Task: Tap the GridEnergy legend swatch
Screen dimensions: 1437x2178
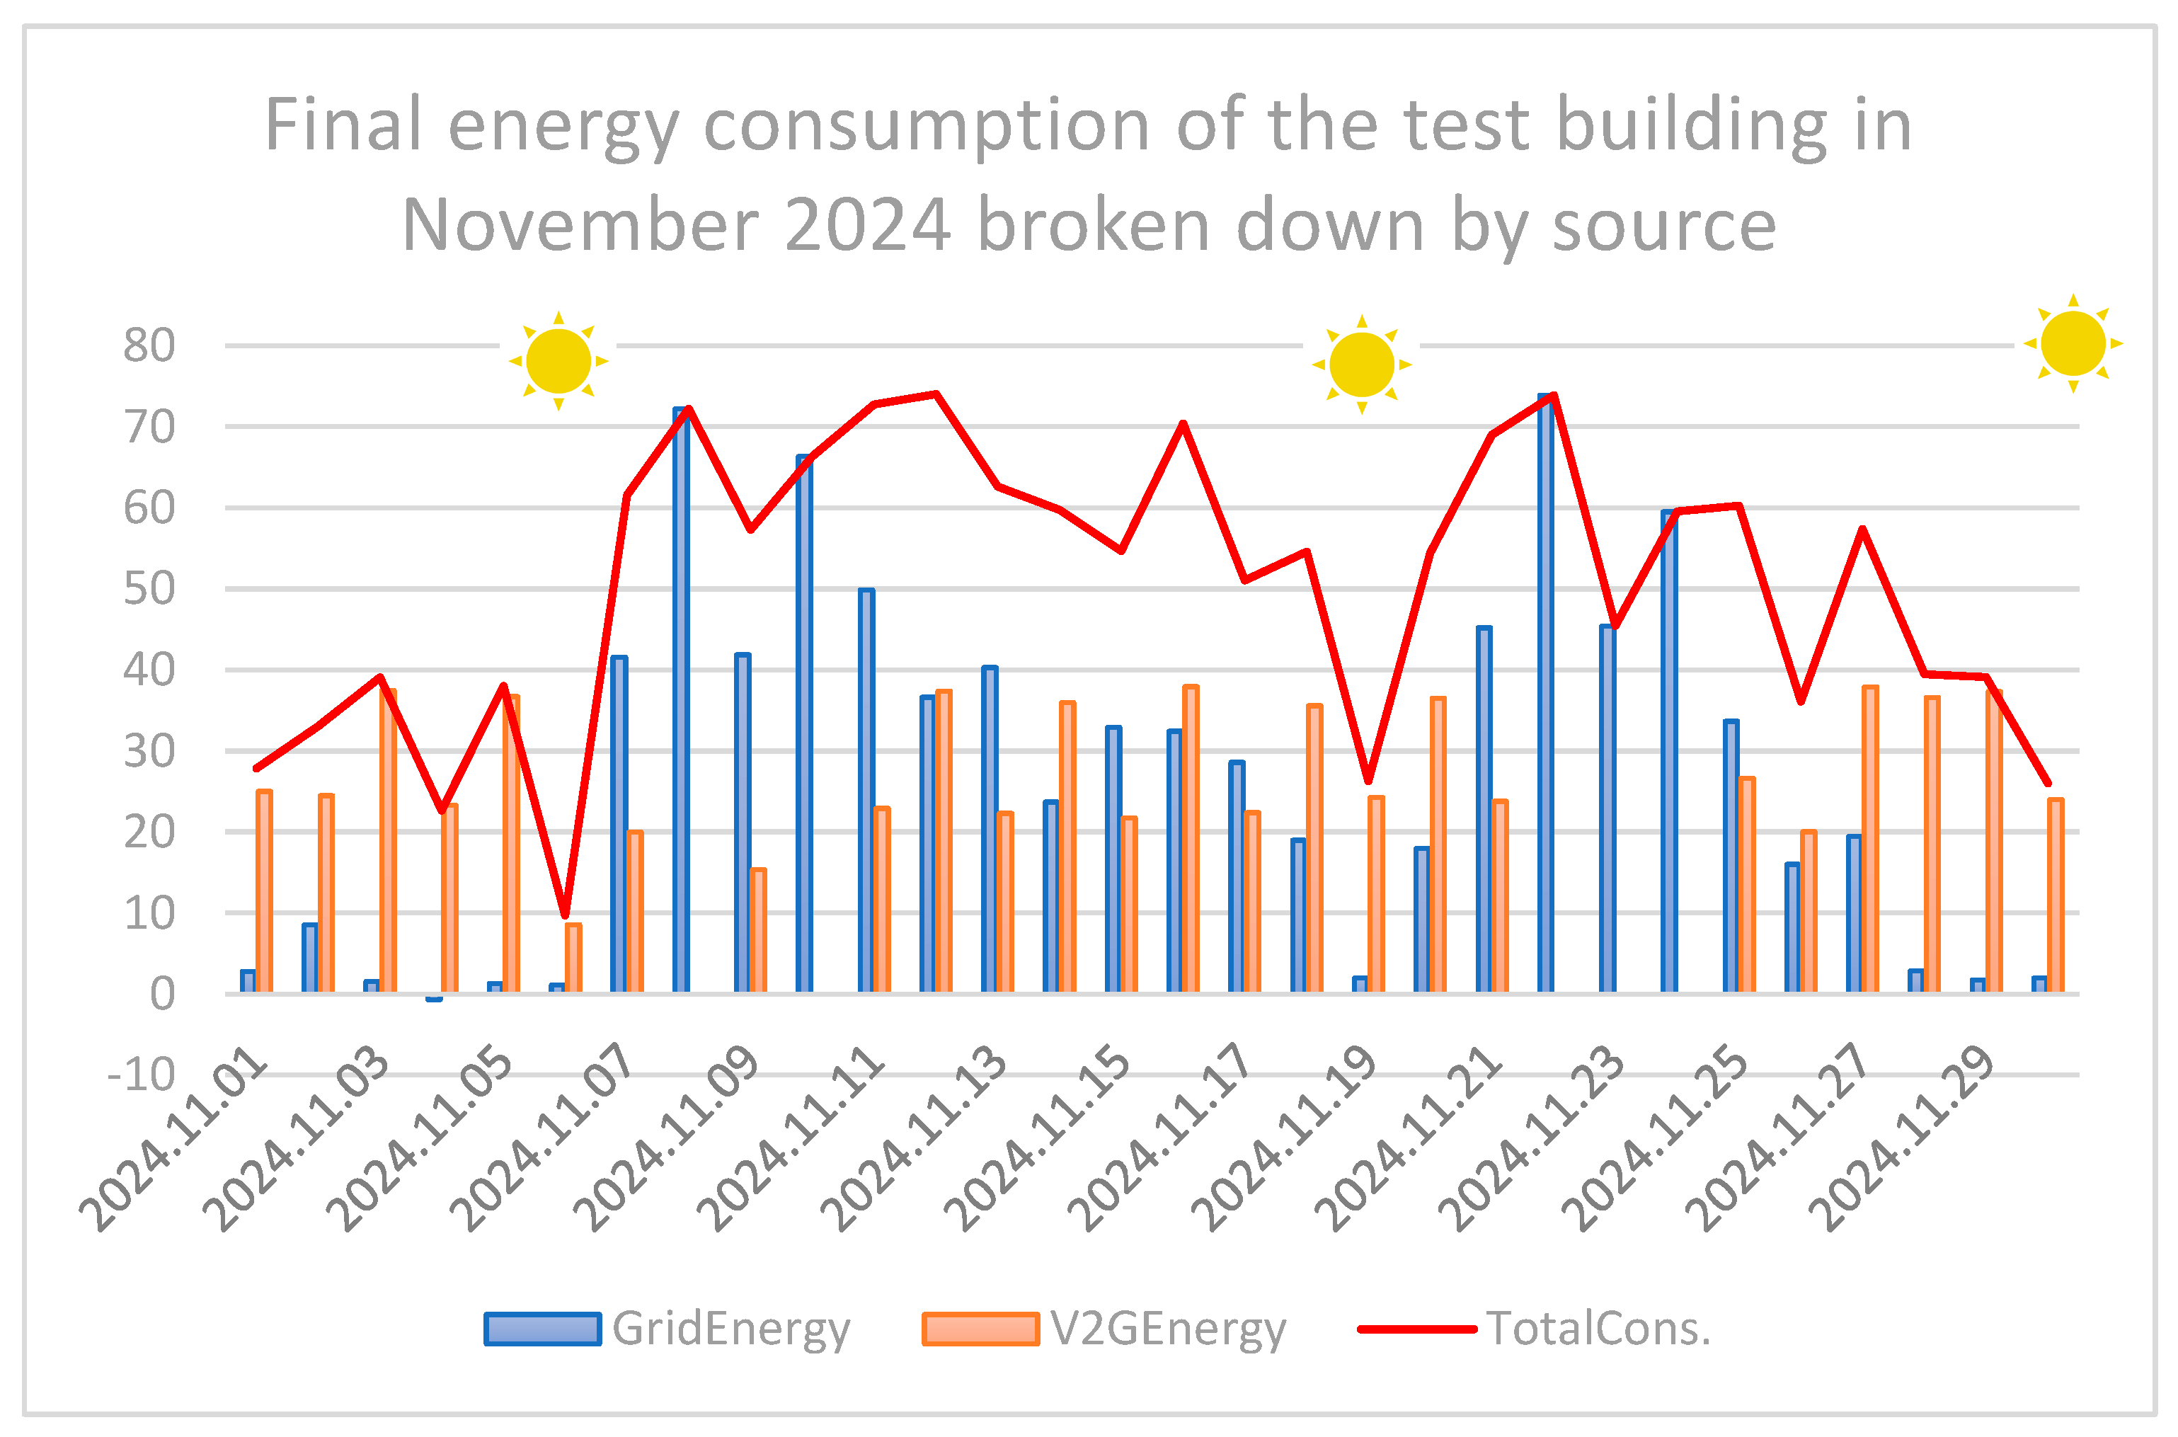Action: point(542,1329)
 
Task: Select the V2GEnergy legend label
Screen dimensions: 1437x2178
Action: point(1167,1329)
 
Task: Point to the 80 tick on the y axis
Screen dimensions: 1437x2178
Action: point(149,346)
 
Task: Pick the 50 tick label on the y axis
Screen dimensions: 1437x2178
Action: point(149,589)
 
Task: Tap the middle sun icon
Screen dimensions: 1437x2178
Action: point(1362,365)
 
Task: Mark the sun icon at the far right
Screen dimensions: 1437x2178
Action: point(2073,343)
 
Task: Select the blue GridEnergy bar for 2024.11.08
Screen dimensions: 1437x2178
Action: point(681,701)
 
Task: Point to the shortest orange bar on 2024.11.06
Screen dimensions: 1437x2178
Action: point(573,958)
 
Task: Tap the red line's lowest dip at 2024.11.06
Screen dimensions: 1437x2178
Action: point(566,915)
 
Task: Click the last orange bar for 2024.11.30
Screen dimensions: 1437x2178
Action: point(2056,896)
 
